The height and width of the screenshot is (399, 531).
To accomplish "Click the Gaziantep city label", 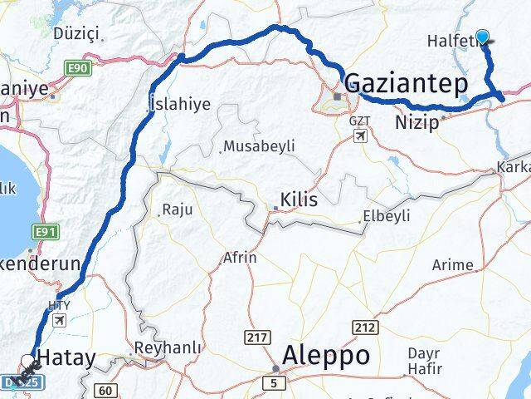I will [x=406, y=84].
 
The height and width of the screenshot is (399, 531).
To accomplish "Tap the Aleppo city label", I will [x=326, y=355].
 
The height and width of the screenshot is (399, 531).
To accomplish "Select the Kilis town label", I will [x=299, y=199].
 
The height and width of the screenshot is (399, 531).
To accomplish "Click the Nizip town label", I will [x=421, y=122].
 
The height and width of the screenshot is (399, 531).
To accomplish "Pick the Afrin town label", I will [x=240, y=258].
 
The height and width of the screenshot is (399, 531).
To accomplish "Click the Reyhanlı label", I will [x=171, y=348].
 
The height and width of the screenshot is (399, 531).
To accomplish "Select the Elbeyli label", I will [x=387, y=219].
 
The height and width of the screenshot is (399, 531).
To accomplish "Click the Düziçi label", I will [x=76, y=34].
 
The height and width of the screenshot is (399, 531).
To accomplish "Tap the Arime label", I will [x=453, y=265].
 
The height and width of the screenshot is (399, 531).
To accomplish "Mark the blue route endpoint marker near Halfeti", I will [x=483, y=37].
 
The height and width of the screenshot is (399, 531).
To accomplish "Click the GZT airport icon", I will [x=359, y=135].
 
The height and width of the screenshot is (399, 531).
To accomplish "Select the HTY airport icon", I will [x=60, y=319].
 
